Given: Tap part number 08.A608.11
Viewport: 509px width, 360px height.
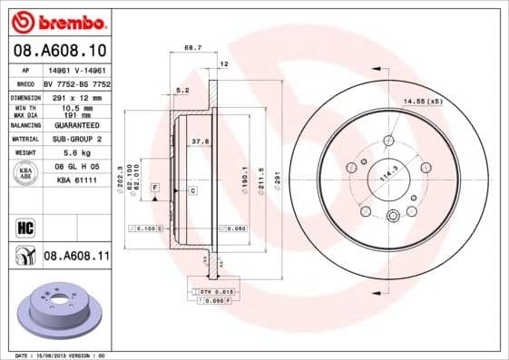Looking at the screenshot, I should pos(77,257).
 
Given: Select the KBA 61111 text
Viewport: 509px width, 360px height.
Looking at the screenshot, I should pos(77,181).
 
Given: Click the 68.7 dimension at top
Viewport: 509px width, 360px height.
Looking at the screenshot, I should pos(192,46).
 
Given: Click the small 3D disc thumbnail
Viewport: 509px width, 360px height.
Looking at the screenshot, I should pos(63,312).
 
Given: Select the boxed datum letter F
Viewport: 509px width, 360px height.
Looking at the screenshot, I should pos(156,186).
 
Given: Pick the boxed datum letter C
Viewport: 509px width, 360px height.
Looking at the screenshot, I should pos(192,190).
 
